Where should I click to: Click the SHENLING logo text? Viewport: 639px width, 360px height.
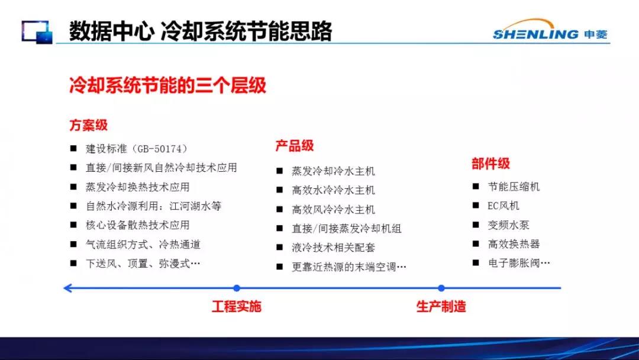[535, 34]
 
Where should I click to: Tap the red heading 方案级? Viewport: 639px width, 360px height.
[88, 125]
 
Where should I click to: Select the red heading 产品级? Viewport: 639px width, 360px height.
[295, 146]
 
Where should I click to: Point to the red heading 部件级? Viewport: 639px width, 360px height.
[490, 163]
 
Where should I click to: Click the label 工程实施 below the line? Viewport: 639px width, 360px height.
[236, 306]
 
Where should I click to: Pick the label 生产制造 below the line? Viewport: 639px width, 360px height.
[441, 306]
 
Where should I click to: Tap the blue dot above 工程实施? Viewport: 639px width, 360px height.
[237, 288]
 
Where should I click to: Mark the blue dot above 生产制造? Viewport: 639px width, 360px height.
[441, 288]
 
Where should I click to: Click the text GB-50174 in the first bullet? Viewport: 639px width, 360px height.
[160, 149]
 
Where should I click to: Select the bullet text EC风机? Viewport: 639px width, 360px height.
[504, 206]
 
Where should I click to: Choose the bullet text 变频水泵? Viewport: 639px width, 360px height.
[509, 225]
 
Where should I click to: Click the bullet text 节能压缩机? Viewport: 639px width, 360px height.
[514, 187]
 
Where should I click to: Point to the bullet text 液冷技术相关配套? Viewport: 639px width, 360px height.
[333, 247]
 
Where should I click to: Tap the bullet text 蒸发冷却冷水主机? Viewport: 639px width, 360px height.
[333, 171]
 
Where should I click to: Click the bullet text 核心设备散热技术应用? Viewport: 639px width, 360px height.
[138, 225]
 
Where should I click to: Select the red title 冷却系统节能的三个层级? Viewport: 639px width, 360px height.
[167, 85]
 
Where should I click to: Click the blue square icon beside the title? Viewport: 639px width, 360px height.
[37, 32]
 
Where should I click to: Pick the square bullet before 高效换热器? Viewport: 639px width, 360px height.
[476, 244]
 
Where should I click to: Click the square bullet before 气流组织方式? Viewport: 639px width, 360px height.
[73, 244]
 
